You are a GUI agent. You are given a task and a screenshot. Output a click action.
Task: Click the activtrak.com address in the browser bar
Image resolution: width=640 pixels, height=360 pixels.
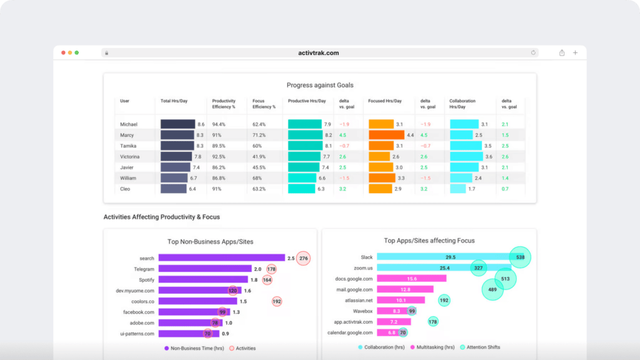[x=319, y=53]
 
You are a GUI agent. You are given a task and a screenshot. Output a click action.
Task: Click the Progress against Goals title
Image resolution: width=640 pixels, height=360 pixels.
[x=319, y=85]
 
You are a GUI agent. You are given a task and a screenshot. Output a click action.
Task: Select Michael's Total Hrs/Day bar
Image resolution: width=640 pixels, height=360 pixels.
[x=177, y=124]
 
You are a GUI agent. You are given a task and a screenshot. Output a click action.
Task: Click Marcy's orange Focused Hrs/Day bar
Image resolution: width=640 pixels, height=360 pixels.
[x=386, y=135]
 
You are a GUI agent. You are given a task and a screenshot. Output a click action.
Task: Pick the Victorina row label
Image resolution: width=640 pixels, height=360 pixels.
[x=130, y=156]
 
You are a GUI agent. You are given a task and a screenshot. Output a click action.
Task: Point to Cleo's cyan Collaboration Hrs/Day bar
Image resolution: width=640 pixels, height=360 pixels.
[x=458, y=188]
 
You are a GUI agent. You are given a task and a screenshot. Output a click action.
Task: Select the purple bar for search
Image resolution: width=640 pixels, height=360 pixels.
[x=221, y=257]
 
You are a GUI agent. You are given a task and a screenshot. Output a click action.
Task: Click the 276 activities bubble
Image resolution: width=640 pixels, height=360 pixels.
[x=303, y=257]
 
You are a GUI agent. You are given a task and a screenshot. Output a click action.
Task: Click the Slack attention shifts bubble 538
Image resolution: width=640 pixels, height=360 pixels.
[x=519, y=257]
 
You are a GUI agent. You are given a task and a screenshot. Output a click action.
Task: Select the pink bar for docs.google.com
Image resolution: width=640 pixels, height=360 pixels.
[x=411, y=279]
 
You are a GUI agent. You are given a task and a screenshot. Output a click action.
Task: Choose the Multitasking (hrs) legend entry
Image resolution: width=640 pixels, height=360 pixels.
[x=429, y=347]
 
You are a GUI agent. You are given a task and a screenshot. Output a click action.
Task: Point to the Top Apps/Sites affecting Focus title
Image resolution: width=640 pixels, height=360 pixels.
[x=429, y=241]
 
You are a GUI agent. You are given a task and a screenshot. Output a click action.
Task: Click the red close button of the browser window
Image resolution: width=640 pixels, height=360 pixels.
[x=63, y=53]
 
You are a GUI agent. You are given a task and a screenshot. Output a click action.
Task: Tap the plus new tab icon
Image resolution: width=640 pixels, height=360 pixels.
[x=575, y=53]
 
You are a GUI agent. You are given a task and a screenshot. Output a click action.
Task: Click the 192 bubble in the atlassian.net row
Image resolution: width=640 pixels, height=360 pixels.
[x=444, y=300]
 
